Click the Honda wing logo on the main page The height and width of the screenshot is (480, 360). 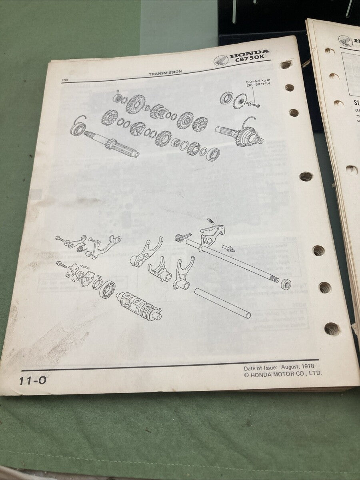(x=221, y=61)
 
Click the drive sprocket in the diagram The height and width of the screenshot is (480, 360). (x=240, y=100)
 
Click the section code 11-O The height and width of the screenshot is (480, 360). (x=33, y=380)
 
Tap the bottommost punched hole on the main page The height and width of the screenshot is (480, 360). (x=332, y=328)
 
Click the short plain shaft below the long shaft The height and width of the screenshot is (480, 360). (x=222, y=303)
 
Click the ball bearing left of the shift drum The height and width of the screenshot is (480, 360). (x=107, y=288)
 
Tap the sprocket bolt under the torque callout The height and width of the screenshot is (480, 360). (x=257, y=106)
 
